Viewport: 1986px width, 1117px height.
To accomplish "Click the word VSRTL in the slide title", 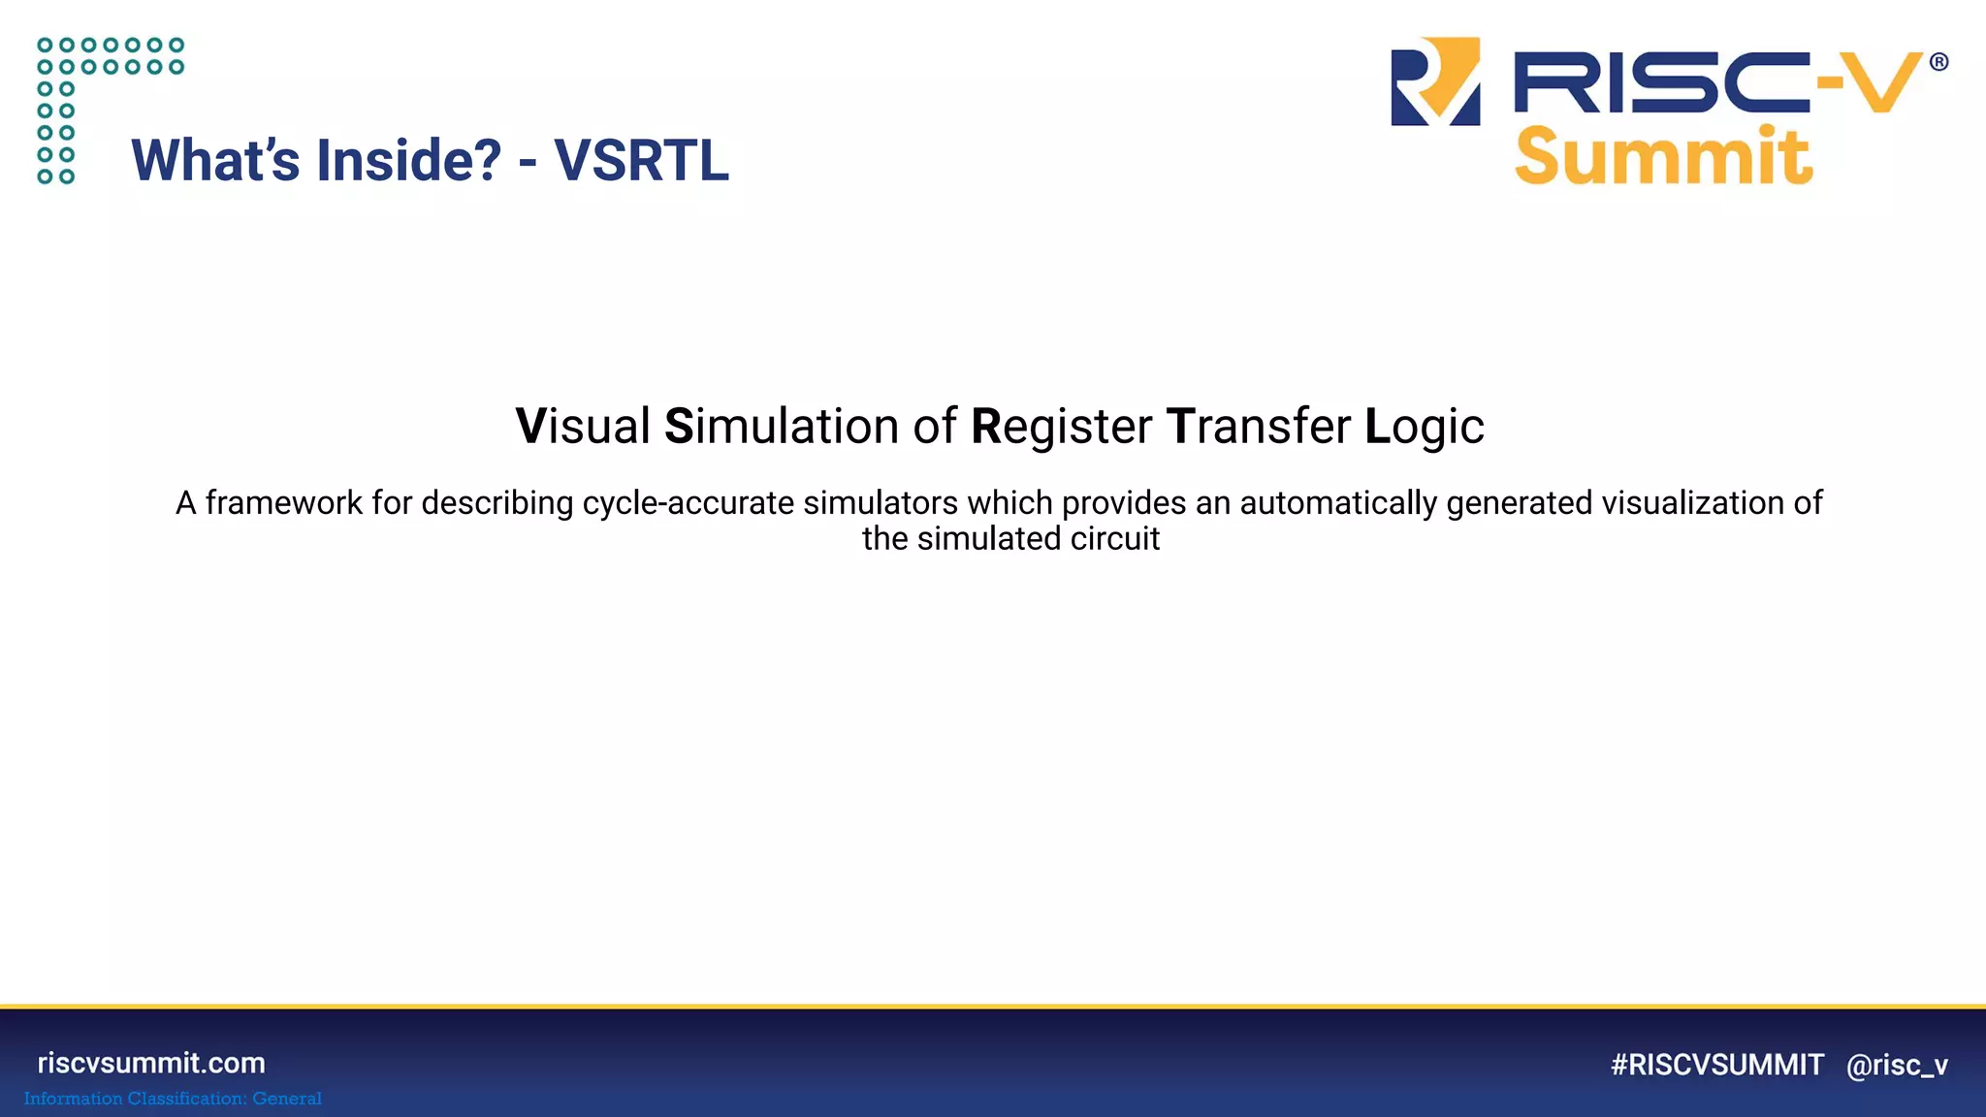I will point(641,161).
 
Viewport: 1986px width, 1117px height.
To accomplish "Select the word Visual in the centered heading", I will point(582,427).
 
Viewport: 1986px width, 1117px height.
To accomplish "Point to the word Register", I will point(1061,427).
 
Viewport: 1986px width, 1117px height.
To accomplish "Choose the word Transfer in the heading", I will point(1258,427).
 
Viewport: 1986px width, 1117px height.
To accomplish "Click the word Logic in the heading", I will point(1424,427).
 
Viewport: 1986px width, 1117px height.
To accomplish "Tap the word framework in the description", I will point(283,503).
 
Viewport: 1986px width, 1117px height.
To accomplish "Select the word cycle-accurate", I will point(688,503).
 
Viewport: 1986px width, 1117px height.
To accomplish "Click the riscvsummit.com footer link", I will point(151,1063).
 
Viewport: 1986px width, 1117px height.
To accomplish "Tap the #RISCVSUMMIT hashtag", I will point(1716,1065).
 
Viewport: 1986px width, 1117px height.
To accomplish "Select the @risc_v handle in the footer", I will point(1897,1065).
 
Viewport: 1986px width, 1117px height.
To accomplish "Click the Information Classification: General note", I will point(173,1099).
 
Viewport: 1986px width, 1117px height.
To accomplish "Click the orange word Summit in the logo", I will point(1663,157).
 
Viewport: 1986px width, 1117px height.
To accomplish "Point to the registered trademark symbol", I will point(1938,62).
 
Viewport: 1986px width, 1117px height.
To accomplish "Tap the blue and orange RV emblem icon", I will point(1435,81).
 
